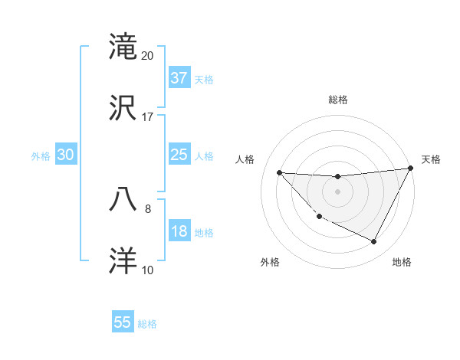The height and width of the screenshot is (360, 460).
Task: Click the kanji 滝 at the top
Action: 123,47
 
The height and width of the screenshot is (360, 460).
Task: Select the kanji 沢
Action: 123,107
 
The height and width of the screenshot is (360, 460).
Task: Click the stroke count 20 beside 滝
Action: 148,56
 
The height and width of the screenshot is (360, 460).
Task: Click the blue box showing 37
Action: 179,78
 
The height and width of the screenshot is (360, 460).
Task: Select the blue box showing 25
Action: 179,155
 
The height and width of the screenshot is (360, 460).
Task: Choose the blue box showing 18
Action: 179,231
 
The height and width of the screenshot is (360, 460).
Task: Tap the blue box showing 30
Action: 66,155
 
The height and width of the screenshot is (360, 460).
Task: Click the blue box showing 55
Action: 123,322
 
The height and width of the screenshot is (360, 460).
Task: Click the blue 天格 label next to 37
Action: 204,79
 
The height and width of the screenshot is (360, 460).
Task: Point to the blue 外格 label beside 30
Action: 41,155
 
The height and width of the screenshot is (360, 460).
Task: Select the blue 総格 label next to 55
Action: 147,324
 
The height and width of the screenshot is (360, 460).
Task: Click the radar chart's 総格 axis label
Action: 337,100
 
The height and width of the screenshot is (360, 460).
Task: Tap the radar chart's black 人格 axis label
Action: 245,159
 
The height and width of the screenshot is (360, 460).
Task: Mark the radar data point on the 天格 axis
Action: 410,169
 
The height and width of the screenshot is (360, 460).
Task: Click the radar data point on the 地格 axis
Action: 374,242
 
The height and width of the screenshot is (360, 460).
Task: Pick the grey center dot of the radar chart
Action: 337,191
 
